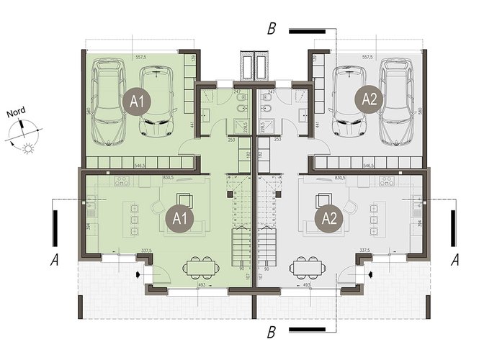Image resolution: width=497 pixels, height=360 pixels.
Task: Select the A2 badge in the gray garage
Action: pyautogui.click(x=369, y=101)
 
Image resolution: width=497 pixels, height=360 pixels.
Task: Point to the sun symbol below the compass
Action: pyautogui.click(x=28, y=149)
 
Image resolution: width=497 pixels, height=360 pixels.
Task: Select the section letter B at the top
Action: pyautogui.click(x=271, y=30)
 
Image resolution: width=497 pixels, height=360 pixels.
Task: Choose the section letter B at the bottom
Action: pyautogui.click(x=271, y=332)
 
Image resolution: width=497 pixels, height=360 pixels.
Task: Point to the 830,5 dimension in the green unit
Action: pyautogui.click(x=169, y=178)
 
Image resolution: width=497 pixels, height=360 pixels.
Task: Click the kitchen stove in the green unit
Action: pyautogui.click(x=122, y=180)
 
